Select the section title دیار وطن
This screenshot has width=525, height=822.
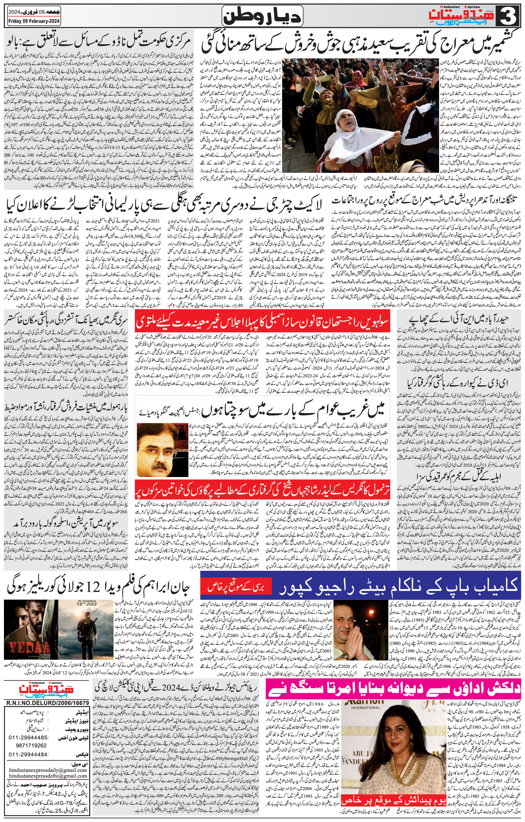(x=263, y=16)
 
